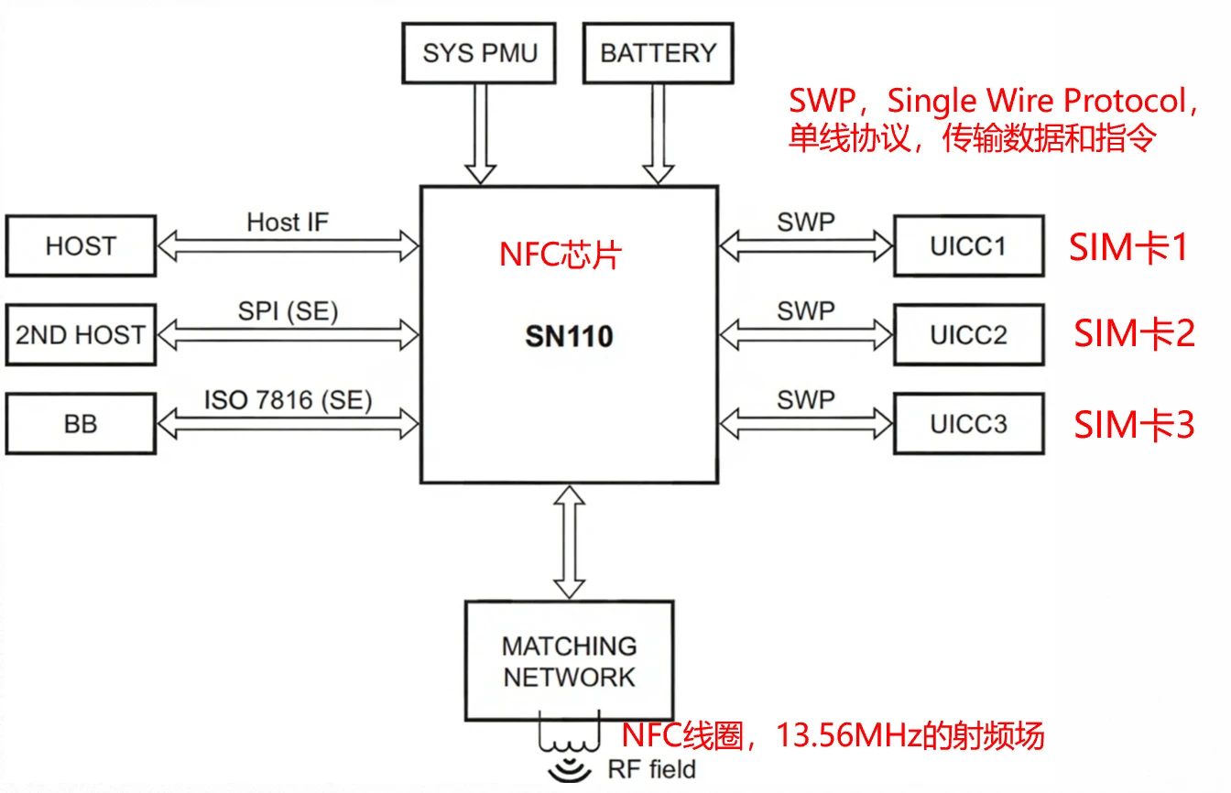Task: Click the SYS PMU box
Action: click(480, 53)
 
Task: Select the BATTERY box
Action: click(658, 53)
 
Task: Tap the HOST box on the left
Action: click(81, 245)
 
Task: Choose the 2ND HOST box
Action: click(81, 335)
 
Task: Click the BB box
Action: click(81, 424)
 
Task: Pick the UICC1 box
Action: click(968, 245)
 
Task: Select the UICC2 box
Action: click(968, 335)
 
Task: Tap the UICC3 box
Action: click(968, 424)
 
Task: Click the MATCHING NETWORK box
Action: click(569, 661)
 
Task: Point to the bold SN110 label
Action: click(569, 337)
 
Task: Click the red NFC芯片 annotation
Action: click(560, 255)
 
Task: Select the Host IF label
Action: click(287, 222)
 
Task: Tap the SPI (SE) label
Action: click(288, 311)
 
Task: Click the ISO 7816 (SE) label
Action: click(288, 400)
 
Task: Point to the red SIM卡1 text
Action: click(1128, 247)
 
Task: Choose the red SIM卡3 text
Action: click(1134, 425)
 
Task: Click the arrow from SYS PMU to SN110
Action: click(480, 134)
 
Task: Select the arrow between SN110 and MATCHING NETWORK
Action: click(569, 542)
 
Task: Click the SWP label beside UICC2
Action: click(806, 311)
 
